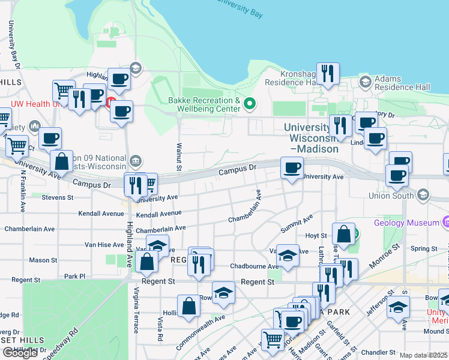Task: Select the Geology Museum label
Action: click(407, 223)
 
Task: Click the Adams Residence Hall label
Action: click(402, 83)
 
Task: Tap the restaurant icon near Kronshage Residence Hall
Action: click(328, 74)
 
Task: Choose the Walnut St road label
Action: click(179, 152)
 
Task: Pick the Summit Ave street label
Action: click(297, 224)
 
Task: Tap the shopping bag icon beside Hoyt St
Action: click(343, 235)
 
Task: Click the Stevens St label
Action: click(58, 197)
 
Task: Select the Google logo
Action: click(20, 353)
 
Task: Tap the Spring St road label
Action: click(424, 248)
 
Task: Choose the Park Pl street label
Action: click(75, 277)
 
